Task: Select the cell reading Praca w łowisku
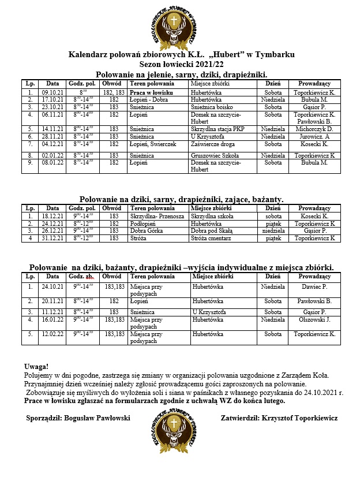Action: click(x=149, y=92)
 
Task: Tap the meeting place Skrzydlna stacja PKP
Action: click(x=217, y=129)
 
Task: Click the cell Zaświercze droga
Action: click(x=213, y=143)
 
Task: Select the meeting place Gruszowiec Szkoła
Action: click(x=216, y=155)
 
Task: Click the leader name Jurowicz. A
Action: click(x=314, y=136)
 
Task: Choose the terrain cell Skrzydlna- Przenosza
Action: click(x=154, y=215)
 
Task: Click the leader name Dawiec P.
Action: click(x=314, y=286)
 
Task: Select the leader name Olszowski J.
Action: click(x=314, y=319)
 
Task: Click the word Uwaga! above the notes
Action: click(x=37, y=367)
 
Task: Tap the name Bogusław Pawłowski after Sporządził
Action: click(x=99, y=418)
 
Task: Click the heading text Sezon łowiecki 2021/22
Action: click(x=181, y=64)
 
